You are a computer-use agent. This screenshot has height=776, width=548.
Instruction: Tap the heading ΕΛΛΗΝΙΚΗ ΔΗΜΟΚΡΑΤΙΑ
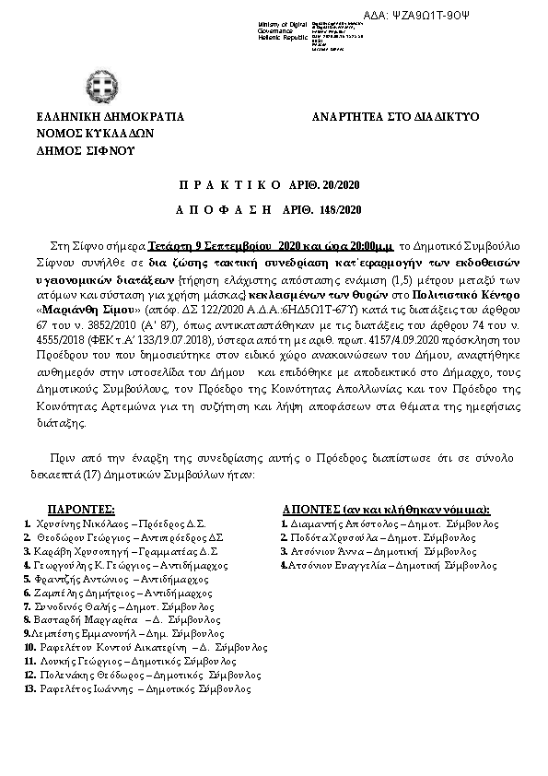click(x=110, y=117)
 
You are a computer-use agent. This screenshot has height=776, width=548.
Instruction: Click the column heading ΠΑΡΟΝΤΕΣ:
click(x=81, y=509)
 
